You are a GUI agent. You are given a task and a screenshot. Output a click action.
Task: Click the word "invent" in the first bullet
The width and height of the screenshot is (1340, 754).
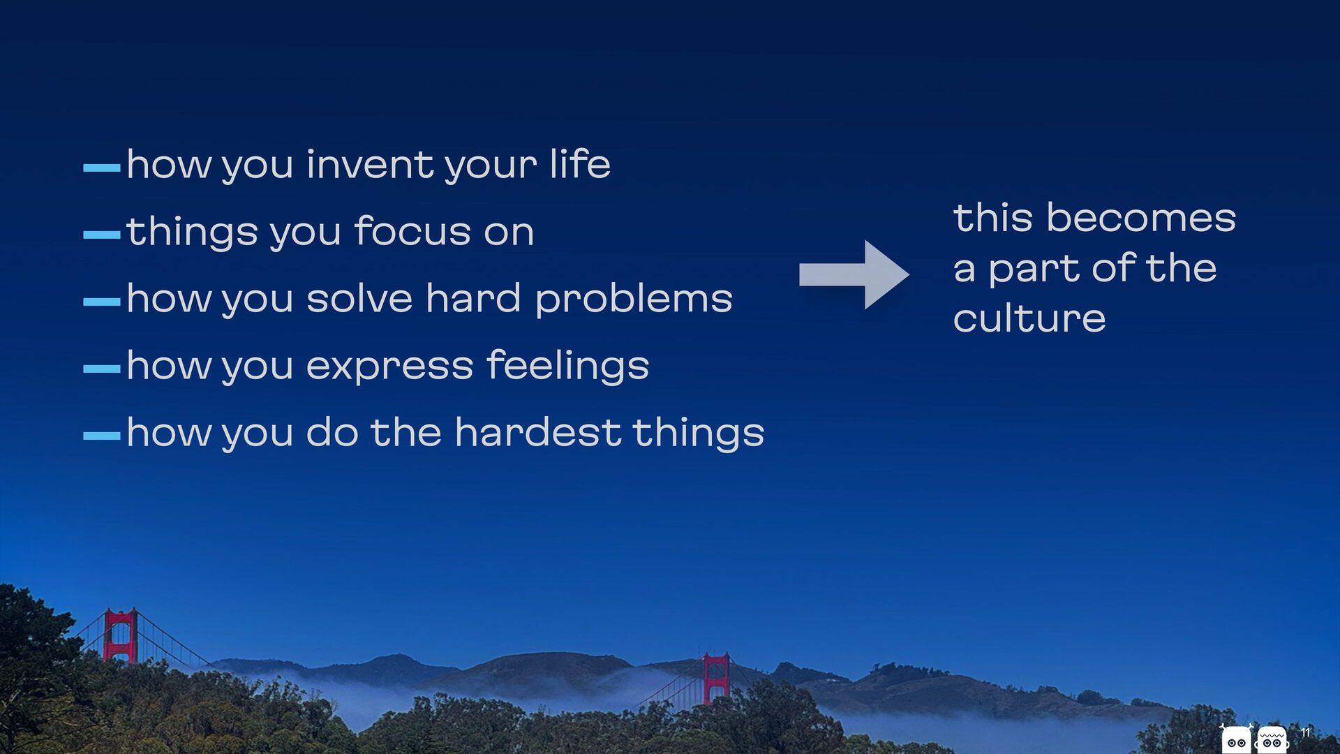371,165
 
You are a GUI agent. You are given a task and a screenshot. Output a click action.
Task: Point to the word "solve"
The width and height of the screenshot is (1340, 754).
359,298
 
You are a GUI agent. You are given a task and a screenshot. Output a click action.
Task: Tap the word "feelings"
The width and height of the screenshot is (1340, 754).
567,366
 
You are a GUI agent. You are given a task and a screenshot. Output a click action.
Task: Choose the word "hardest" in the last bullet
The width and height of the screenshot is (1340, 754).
537,432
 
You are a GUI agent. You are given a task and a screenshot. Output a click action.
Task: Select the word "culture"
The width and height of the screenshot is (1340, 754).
1029,318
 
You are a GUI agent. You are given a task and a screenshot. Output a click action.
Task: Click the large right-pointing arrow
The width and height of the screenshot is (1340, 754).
854,274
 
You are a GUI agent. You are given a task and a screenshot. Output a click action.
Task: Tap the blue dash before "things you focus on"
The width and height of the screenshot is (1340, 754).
102,235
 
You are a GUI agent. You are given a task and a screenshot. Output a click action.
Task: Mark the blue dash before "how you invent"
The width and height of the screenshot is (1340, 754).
102,168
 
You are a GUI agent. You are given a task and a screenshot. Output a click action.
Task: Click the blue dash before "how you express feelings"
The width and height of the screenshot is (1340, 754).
102,369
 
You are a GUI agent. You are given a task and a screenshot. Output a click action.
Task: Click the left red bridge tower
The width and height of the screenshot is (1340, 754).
120,635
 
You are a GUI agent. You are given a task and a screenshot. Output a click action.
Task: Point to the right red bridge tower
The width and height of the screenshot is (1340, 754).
716,677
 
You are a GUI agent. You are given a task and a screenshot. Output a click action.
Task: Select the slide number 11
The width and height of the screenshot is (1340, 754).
1305,732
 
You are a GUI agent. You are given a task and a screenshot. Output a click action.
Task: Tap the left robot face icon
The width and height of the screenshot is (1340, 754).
1236,739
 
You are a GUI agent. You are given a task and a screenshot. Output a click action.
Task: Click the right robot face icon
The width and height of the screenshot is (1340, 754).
1272,739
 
